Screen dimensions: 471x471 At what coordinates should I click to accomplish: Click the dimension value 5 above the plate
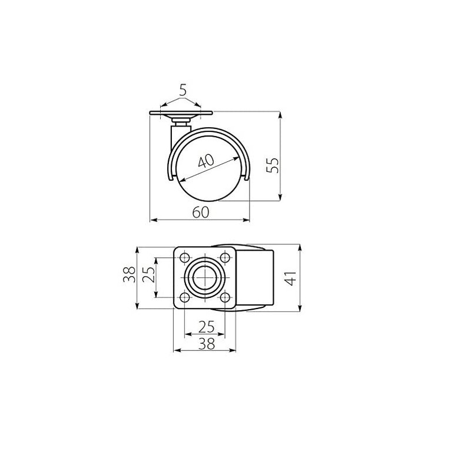coord(183,90)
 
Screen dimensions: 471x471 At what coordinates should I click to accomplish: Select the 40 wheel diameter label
coord(207,161)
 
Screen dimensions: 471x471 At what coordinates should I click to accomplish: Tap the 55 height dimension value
coord(273,165)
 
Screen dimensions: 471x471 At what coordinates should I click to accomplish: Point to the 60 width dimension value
coord(201,213)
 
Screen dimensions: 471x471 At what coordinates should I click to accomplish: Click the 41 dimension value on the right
coord(291,278)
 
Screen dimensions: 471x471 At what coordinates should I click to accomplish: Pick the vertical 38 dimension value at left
coord(129,274)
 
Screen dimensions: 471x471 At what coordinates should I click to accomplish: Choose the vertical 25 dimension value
coord(148,274)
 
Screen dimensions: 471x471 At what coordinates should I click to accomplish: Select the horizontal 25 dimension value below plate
coord(207,327)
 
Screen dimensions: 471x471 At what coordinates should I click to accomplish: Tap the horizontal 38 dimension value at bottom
coord(207,344)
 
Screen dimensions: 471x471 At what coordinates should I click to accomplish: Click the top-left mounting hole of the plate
coord(184,257)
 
